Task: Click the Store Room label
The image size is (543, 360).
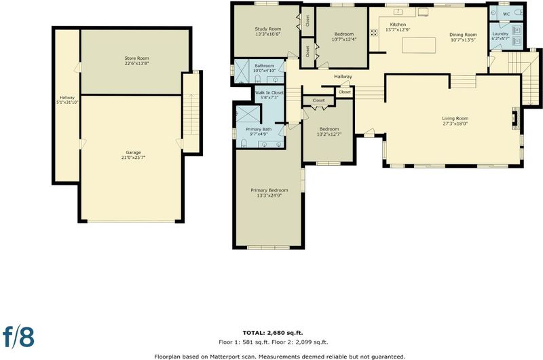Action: click(x=137, y=58)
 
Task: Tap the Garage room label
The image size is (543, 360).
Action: click(x=133, y=152)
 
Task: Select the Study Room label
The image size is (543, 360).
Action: click(x=268, y=29)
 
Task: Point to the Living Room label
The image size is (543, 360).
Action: click(x=455, y=118)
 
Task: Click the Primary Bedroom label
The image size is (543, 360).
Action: click(x=269, y=190)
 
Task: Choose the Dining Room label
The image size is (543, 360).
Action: click(x=463, y=35)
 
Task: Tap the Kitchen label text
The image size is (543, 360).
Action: click(x=398, y=24)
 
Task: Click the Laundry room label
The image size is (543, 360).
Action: click(x=500, y=33)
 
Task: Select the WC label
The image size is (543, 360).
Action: click(x=506, y=14)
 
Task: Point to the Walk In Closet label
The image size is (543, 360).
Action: click(x=269, y=93)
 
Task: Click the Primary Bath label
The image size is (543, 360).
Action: click(x=259, y=129)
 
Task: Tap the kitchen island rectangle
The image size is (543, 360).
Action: click(x=419, y=46)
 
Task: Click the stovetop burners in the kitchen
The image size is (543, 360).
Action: click(x=374, y=33)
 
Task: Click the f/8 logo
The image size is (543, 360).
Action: click(x=19, y=336)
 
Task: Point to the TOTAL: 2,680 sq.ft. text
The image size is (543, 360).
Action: click(x=273, y=333)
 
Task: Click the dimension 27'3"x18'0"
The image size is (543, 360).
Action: click(x=455, y=123)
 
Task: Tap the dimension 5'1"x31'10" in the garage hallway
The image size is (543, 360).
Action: click(x=67, y=102)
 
